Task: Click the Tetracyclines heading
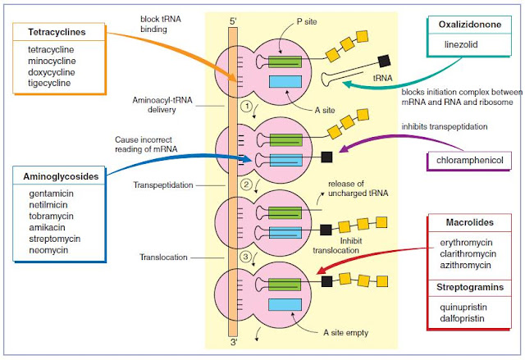click(x=52, y=32)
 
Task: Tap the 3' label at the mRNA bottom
click(x=235, y=347)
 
